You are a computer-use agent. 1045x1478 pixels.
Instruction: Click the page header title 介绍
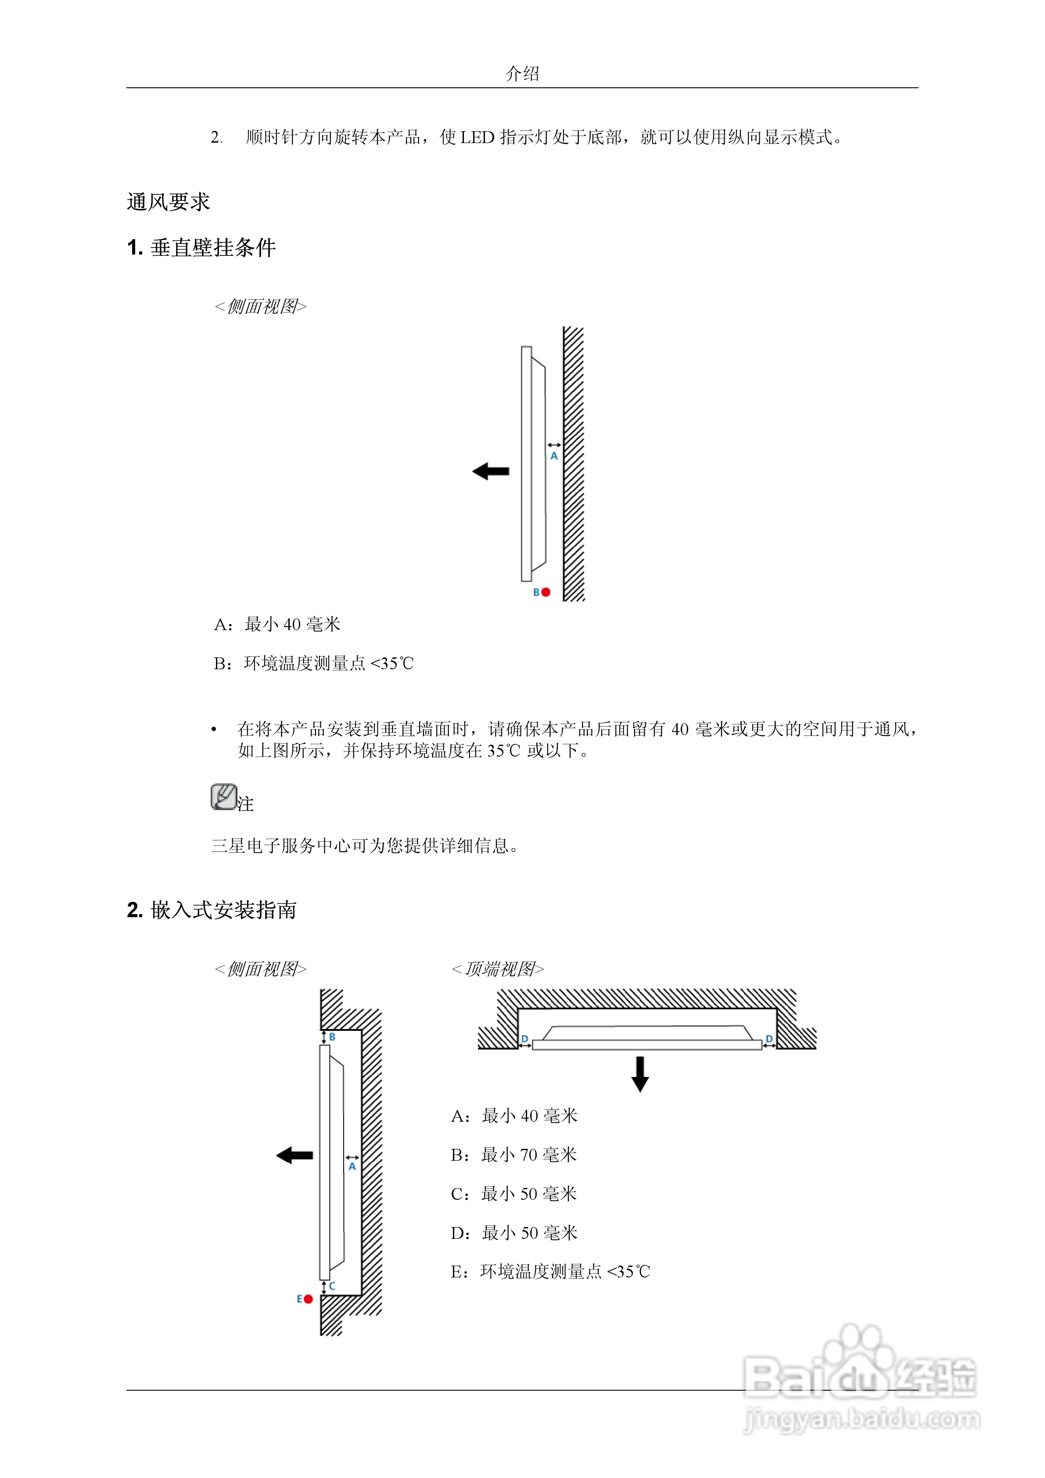coord(522,74)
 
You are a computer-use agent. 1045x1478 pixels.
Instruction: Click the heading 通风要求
coord(168,202)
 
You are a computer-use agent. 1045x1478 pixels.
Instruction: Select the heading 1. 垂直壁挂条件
coord(201,248)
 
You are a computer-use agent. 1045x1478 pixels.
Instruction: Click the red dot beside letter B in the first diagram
coord(546,592)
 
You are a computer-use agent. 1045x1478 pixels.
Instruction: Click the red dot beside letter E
coord(309,1299)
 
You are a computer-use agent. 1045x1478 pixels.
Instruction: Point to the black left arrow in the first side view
coord(491,471)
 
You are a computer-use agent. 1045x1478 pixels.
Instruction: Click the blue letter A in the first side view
coord(554,456)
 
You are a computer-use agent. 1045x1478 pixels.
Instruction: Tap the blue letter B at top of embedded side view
coord(332,1037)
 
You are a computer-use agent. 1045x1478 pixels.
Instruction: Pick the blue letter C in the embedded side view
coord(332,1286)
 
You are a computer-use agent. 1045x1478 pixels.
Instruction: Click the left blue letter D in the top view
coord(525,1039)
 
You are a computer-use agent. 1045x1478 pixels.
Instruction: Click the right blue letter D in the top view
coord(769,1039)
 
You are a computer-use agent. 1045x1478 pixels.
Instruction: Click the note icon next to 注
coord(223,797)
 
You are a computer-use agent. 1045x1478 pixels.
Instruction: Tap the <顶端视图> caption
coord(498,969)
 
